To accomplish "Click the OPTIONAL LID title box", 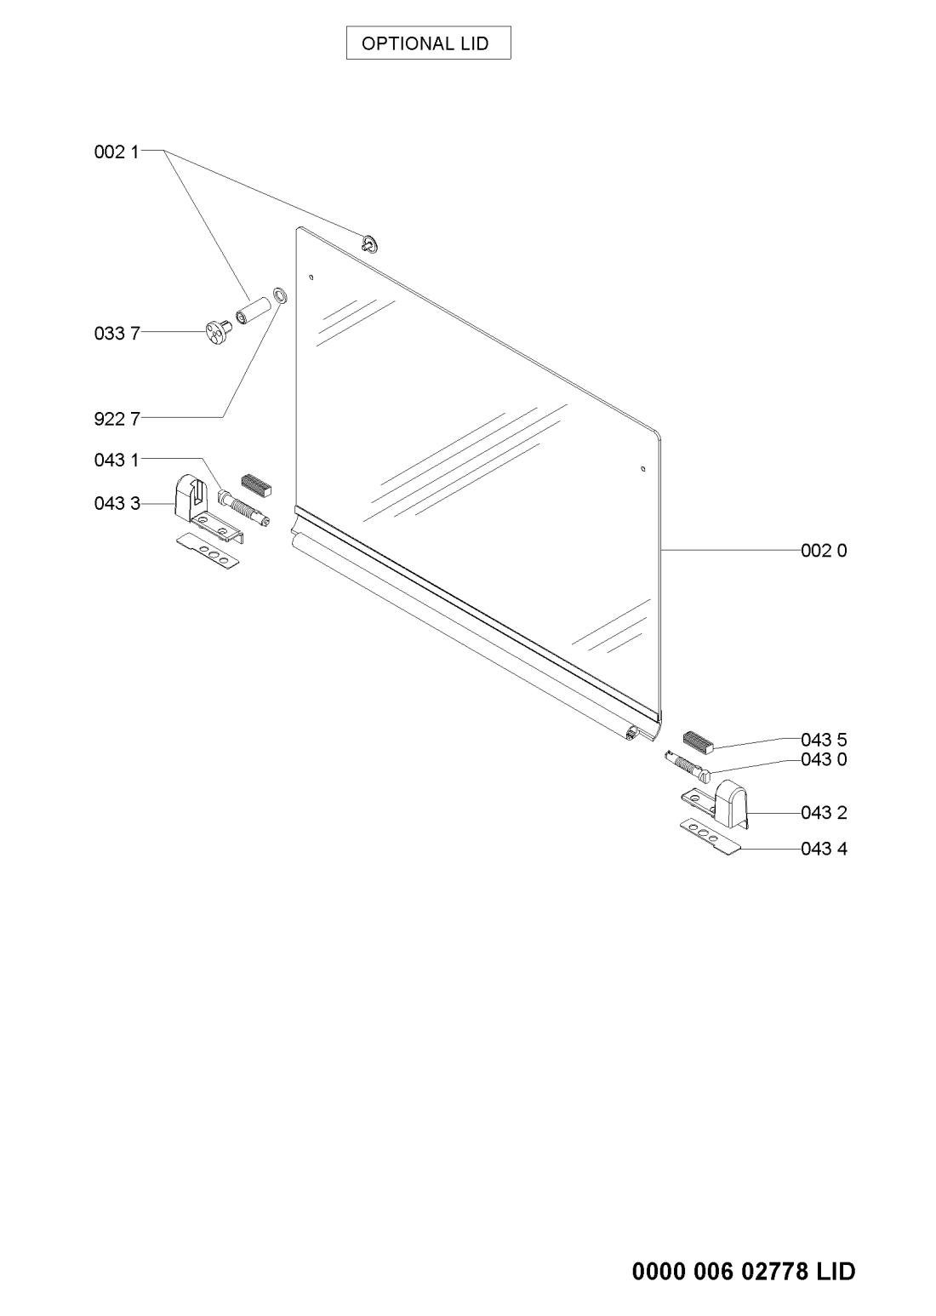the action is (x=428, y=43).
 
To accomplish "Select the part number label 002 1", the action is (x=117, y=152).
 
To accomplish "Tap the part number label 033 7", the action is (x=117, y=334).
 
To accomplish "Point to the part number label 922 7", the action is (x=117, y=419).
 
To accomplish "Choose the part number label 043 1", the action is (x=117, y=460).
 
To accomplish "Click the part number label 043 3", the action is (x=117, y=503).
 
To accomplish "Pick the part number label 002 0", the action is (x=824, y=551).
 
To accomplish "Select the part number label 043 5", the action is (x=824, y=740).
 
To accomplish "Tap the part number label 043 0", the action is (x=824, y=759).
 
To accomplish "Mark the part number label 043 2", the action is (x=824, y=813).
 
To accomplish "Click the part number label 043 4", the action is (x=824, y=849).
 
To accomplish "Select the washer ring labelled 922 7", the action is (x=280, y=295).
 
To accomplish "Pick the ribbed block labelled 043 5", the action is (x=699, y=742).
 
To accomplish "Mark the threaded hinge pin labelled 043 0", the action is (x=688, y=766).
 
